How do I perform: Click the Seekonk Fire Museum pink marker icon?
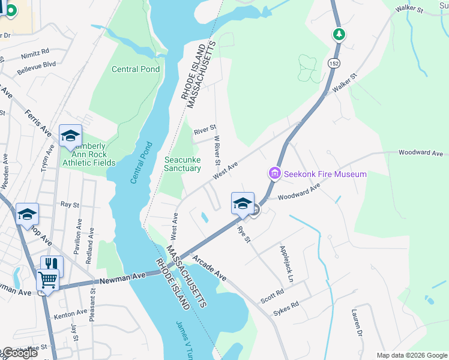pyautogui.click(x=275, y=173)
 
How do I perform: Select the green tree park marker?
pyautogui.click(x=339, y=34)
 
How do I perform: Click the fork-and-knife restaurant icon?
pyautogui.click(x=52, y=263)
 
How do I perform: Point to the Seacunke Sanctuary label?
pyautogui.click(x=182, y=164)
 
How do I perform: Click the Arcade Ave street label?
pyautogui.click(x=209, y=268)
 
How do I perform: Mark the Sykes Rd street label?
pyautogui.click(x=286, y=307)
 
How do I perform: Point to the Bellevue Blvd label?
pyautogui.click(x=36, y=64)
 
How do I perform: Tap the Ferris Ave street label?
pyautogui.click(x=38, y=122)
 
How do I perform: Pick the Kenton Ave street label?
pyautogui.click(x=70, y=313)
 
